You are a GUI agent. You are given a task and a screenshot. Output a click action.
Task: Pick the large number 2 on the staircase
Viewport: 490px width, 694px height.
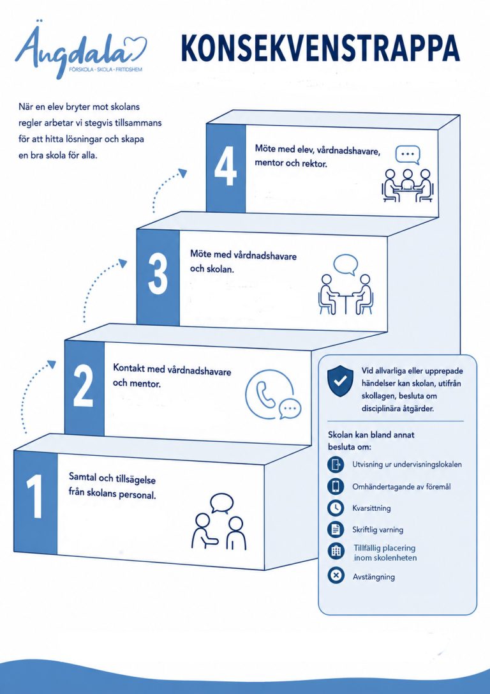84,388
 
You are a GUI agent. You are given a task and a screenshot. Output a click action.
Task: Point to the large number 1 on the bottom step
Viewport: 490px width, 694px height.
35,497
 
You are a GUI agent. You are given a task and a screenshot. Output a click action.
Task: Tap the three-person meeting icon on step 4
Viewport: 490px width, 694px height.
407,174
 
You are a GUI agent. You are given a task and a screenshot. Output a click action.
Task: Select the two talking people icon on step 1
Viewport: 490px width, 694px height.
219,522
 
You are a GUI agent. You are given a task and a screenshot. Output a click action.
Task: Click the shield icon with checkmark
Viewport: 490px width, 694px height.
340,381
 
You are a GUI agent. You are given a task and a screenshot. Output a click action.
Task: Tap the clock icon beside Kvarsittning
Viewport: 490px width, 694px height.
336,508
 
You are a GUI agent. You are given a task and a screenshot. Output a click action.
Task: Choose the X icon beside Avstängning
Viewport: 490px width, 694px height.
336,576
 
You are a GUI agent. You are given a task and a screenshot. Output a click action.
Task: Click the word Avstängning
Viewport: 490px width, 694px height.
374,577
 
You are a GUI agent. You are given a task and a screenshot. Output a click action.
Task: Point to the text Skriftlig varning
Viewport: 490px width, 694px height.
378,529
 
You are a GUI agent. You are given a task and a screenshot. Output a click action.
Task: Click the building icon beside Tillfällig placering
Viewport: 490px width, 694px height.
336,551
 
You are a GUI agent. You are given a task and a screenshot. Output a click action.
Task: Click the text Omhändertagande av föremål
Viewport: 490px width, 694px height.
401,487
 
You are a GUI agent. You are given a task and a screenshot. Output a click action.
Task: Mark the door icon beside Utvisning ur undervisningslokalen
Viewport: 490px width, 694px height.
336,465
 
